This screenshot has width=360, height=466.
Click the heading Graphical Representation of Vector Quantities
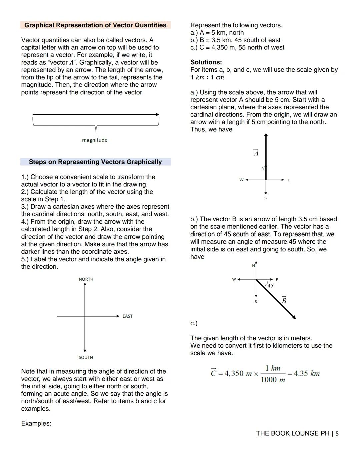pyautogui.click(x=95, y=25)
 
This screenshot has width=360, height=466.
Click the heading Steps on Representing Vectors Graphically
pyautogui.click(x=95, y=162)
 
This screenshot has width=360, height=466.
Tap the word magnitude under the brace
pyautogui.click(x=95, y=140)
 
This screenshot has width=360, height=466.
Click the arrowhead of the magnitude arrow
pyautogui.click(x=157, y=114)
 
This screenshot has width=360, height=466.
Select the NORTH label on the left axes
pyautogui.click(x=86, y=279)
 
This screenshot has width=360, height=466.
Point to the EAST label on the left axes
pyautogui.click(x=127, y=316)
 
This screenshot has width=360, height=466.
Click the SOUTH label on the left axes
pyautogui.click(x=86, y=357)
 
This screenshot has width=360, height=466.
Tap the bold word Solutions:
pyautogui.click(x=206, y=62)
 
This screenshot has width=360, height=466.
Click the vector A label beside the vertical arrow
pyautogui.click(x=256, y=153)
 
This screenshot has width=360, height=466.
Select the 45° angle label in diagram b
pyautogui.click(x=271, y=286)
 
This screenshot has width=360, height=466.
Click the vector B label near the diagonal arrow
pyautogui.click(x=284, y=300)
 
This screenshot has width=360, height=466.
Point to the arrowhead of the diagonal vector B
pyautogui.click(x=294, y=317)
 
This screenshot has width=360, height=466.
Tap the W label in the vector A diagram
pyautogui.click(x=241, y=180)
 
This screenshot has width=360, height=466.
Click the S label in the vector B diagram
pyautogui.click(x=256, y=302)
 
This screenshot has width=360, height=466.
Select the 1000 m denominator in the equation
pyautogui.click(x=273, y=380)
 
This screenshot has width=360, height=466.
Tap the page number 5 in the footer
pyautogui.click(x=337, y=434)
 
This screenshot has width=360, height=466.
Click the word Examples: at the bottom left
pyautogui.click(x=36, y=423)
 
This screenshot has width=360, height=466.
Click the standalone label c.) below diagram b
pyautogui.click(x=194, y=323)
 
